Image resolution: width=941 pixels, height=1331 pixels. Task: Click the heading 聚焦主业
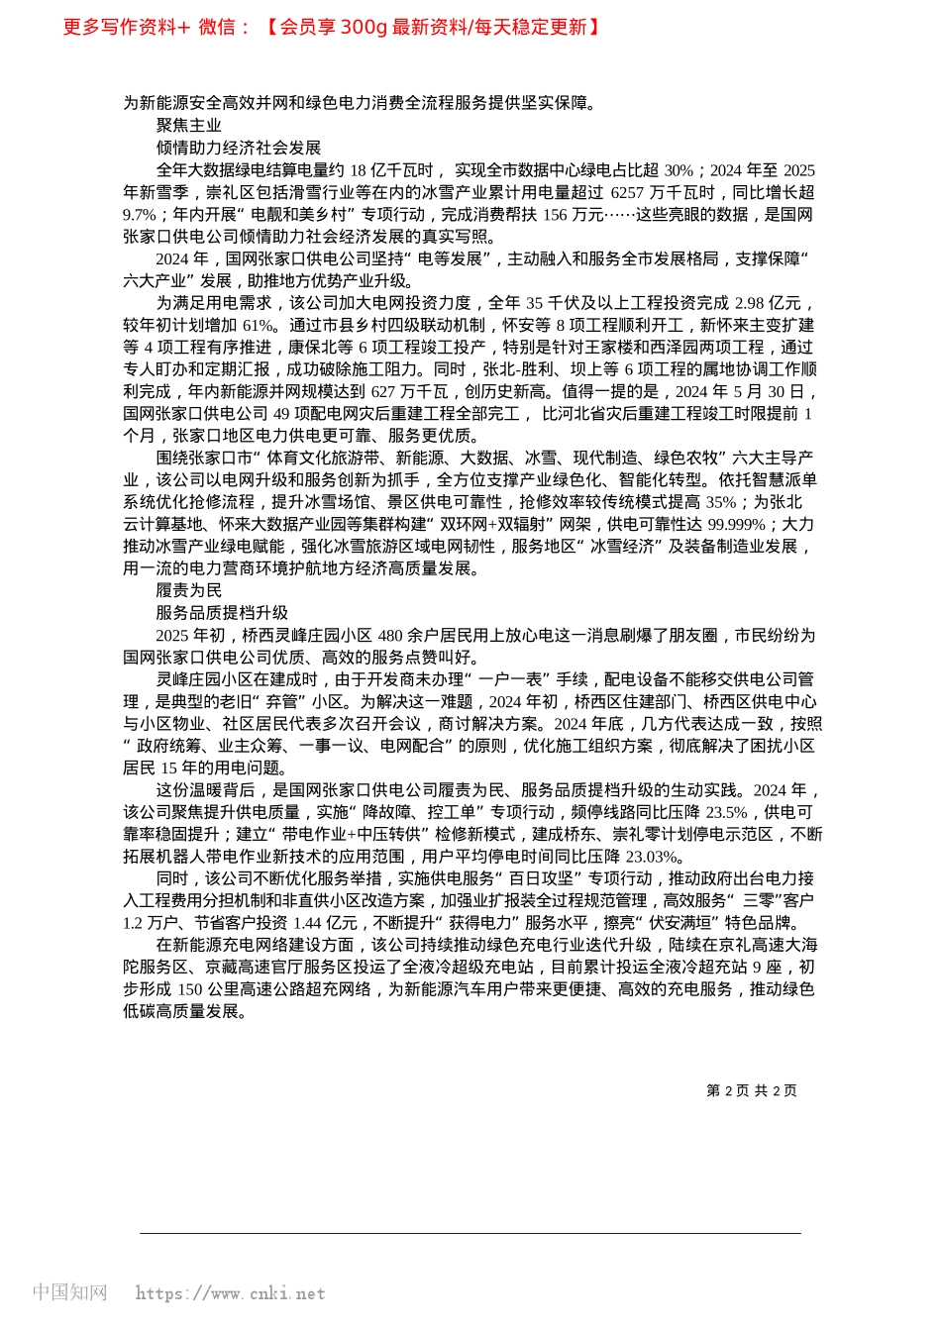[x=189, y=126]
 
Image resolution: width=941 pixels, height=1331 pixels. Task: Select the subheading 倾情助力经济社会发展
[x=239, y=148]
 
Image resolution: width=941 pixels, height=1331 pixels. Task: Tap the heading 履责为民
[x=189, y=591]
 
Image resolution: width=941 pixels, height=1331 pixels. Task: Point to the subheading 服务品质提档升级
[x=222, y=613]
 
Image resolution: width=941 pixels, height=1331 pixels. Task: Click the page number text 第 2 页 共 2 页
[x=751, y=1090]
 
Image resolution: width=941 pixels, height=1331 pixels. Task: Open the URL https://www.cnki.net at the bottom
[x=230, y=1293]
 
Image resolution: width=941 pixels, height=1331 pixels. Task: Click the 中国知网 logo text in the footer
[x=69, y=1292]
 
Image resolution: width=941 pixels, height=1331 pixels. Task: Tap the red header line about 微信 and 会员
[x=332, y=27]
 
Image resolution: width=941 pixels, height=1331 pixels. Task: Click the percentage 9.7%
[x=140, y=215]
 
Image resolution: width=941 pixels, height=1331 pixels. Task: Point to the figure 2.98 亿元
[x=765, y=303]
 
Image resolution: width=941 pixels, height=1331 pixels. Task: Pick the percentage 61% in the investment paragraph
[x=258, y=326]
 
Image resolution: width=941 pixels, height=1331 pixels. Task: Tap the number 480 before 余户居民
[x=390, y=636]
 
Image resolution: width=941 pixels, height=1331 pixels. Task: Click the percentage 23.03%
[x=654, y=857]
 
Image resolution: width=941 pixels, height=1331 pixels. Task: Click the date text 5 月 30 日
[x=771, y=392]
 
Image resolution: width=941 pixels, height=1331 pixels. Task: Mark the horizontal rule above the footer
[x=470, y=1233]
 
